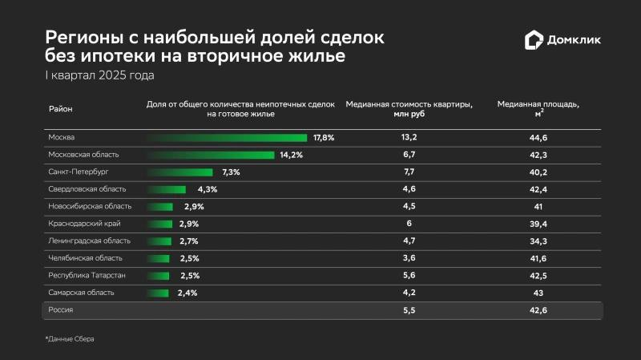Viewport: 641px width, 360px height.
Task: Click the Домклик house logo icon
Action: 534,39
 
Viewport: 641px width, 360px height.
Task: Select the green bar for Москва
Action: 227,138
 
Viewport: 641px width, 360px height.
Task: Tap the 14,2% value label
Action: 292,155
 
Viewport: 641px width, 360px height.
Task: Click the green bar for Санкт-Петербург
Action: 180,172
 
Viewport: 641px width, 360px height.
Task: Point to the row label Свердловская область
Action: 87,189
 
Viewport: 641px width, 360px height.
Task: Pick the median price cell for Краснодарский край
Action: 409,224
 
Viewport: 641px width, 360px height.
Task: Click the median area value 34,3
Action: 538,241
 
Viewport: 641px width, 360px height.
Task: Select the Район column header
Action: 61,109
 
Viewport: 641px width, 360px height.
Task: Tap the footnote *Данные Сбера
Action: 70,338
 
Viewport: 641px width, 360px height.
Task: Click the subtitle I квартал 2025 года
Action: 99,75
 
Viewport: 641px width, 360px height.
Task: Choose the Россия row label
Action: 61,309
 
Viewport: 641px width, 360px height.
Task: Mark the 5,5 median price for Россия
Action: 409,310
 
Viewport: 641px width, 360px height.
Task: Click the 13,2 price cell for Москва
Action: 409,137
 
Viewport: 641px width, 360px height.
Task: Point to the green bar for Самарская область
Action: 158,293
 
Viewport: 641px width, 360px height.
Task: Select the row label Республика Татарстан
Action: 87,275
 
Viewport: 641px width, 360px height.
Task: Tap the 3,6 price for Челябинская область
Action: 409,258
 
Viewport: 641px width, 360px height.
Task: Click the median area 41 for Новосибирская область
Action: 538,207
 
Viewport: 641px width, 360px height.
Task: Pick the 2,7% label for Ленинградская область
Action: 189,241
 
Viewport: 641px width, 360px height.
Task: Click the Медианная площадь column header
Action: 538,108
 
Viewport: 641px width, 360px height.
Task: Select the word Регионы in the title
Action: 84,38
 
